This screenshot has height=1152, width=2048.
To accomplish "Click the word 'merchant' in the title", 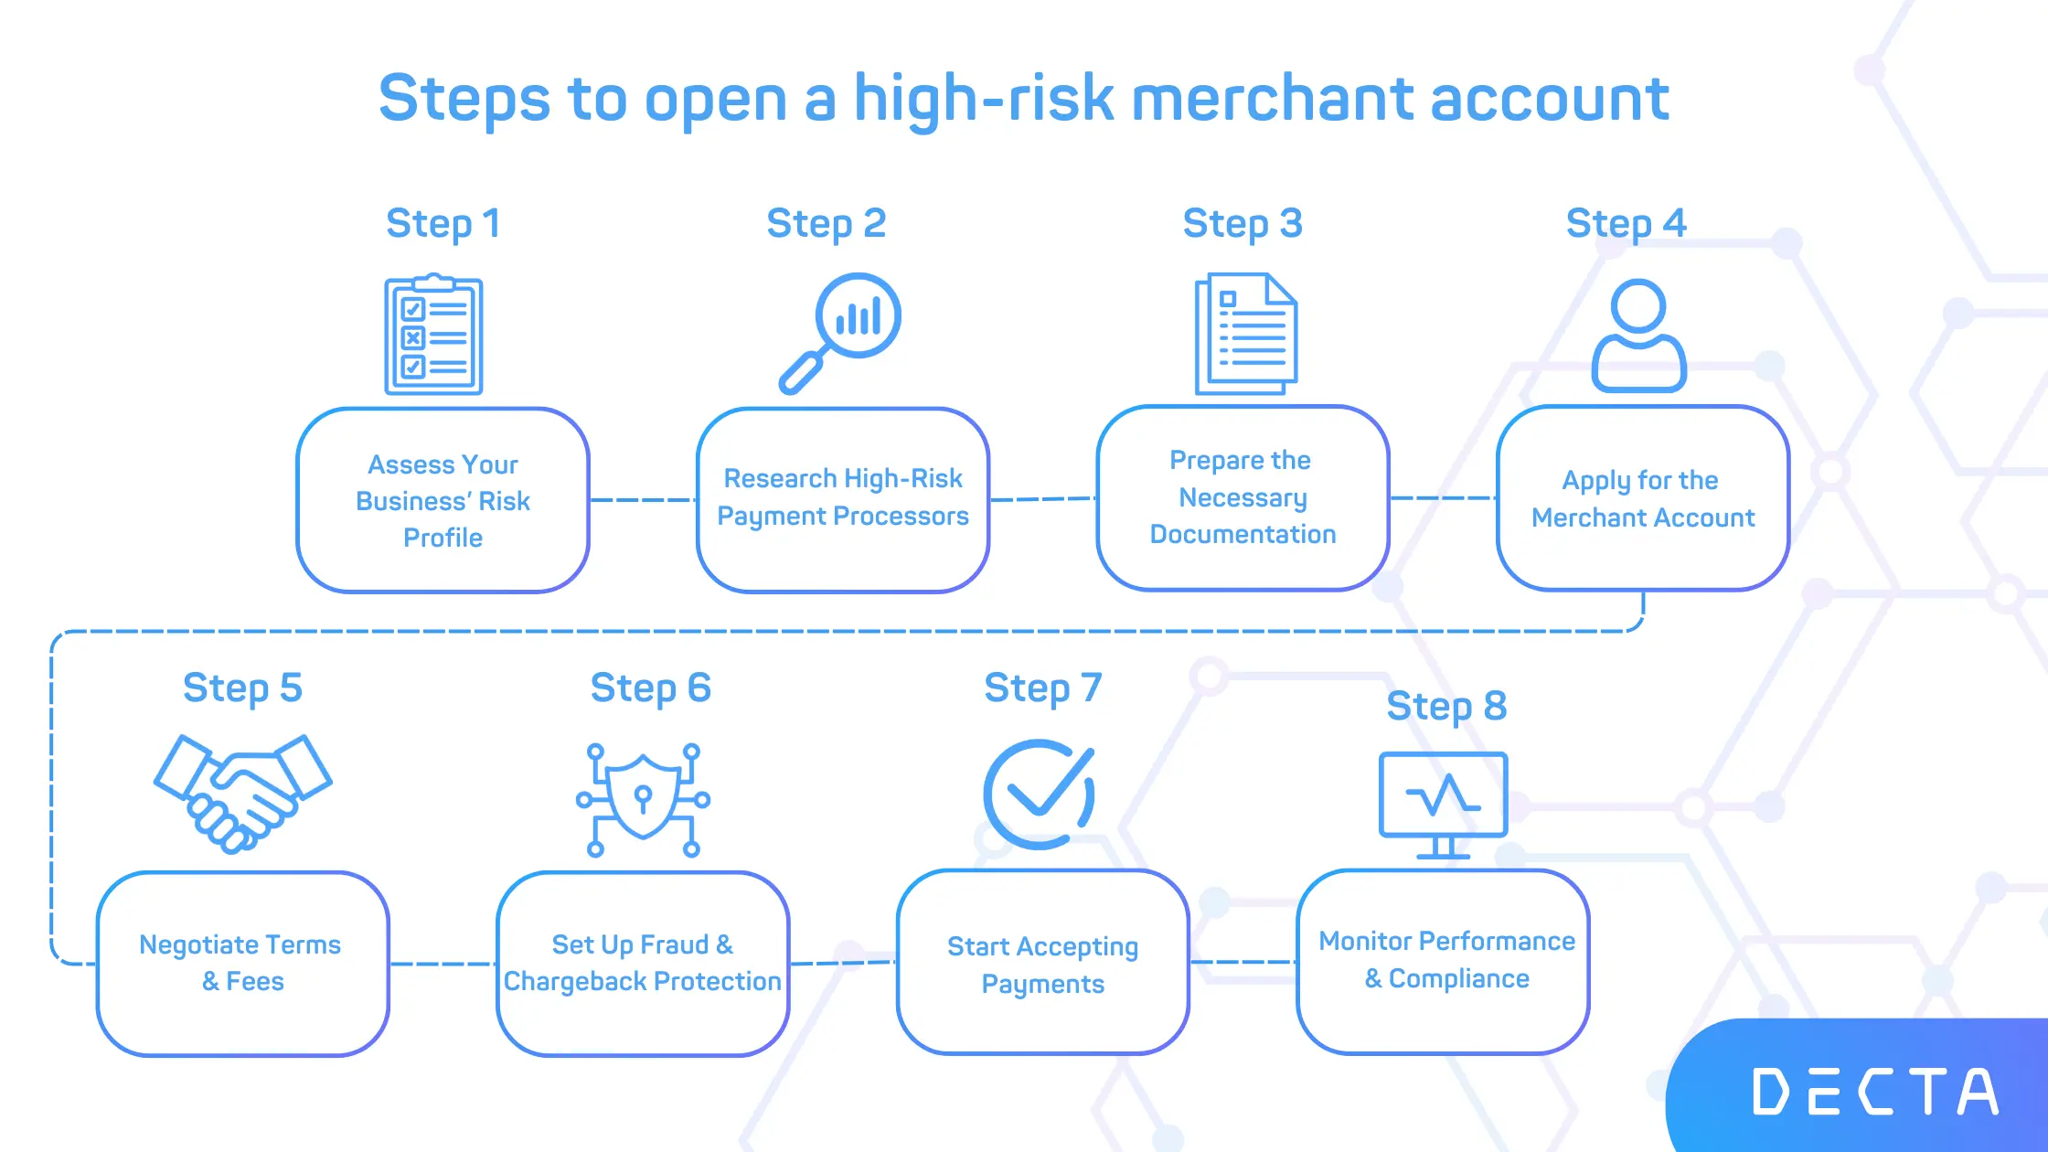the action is click(x=1273, y=98).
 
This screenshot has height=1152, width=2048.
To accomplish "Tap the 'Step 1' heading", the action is click(x=443, y=224).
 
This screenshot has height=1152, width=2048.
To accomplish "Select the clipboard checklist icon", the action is click(x=433, y=335).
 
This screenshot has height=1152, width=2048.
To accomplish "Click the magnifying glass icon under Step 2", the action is click(x=839, y=333).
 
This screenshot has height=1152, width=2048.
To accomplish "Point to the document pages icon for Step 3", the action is click(x=1246, y=334).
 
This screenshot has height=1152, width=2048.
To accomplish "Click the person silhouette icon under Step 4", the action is click(x=1638, y=336).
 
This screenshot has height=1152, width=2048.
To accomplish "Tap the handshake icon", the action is click(x=242, y=794).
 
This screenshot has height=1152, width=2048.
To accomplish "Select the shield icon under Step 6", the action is click(x=644, y=800).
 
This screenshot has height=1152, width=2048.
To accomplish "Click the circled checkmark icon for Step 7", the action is click(x=1040, y=795).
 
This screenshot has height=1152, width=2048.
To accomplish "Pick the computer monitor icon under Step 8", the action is click(x=1444, y=805).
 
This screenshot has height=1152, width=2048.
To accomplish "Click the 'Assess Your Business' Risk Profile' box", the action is click(x=443, y=500).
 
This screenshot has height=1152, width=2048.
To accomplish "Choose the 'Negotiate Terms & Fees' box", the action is click(x=243, y=964).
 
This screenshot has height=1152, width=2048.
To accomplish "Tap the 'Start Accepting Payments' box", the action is click(x=1043, y=962).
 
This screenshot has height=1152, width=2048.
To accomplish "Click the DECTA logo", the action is click(x=1875, y=1092).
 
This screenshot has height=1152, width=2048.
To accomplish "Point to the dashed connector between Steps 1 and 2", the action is click(x=644, y=500).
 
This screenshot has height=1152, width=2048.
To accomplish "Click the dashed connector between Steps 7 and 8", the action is click(x=1243, y=962).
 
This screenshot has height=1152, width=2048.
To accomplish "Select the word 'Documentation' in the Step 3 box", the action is click(x=1243, y=534).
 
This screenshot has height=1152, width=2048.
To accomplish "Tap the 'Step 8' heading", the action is click(x=1446, y=707).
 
